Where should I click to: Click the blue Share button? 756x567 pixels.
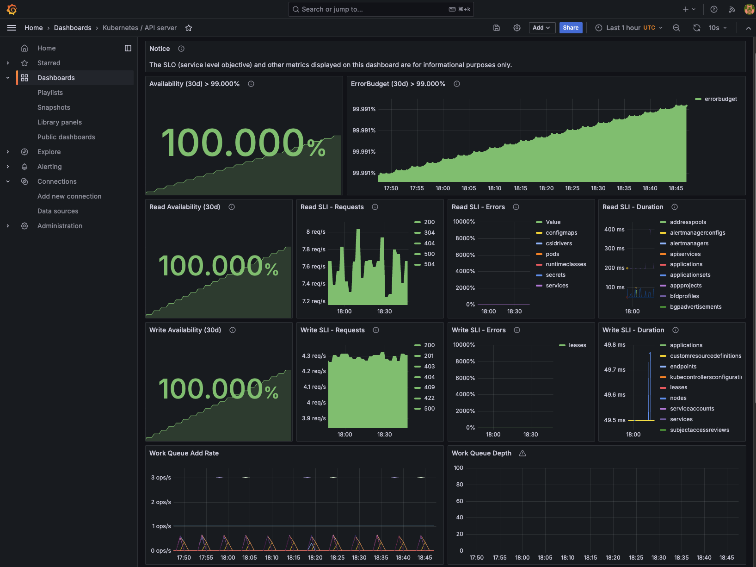tap(571, 28)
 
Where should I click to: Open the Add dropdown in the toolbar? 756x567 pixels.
tap(541, 28)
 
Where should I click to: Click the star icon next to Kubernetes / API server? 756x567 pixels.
tap(189, 28)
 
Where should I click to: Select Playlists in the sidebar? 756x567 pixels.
tap(50, 93)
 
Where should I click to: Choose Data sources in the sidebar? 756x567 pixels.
tap(58, 211)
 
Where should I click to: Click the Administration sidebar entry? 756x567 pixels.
tap(60, 226)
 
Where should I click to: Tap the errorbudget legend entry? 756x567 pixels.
tap(720, 99)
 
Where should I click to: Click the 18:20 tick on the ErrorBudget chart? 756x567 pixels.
tap(546, 188)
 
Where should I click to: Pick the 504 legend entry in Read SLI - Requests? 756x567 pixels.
tap(429, 264)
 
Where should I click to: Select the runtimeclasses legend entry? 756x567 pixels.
tap(565, 264)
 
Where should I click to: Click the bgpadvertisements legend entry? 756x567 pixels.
tap(695, 307)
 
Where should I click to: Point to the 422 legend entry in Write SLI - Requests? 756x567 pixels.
tap(429, 398)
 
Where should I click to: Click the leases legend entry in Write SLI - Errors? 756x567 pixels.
tap(577, 345)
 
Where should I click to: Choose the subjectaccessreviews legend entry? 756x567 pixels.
tap(699, 430)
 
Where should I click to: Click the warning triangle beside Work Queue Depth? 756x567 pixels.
tap(522, 453)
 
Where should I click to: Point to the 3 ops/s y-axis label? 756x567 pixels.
tap(161, 478)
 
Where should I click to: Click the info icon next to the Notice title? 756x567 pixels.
tap(181, 49)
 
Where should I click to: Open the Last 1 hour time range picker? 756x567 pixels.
tap(629, 28)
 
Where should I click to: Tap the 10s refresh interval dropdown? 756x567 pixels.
tap(718, 28)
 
